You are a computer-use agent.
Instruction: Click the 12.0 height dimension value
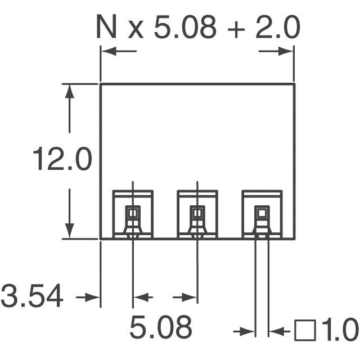coord(61,160)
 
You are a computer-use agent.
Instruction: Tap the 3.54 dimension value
coord(31,296)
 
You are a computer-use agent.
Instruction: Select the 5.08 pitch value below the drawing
coord(161,327)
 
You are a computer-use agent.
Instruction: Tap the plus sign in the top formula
coord(236,28)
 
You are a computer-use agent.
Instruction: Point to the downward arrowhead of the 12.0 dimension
coord(69,231)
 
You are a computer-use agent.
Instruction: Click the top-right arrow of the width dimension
coord(286,51)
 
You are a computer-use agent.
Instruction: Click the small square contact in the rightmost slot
coord(262,213)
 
